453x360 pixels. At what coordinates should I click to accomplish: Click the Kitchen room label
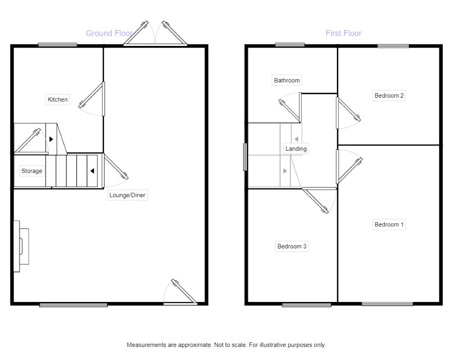[x=58, y=99]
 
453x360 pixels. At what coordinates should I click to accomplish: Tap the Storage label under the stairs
[x=32, y=171]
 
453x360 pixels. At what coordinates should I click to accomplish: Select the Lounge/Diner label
[x=127, y=195]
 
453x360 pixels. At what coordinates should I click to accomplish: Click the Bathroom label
[x=287, y=80]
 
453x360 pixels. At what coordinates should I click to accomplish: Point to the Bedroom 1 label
[x=389, y=224]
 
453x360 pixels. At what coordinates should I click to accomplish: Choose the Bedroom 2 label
[x=389, y=95]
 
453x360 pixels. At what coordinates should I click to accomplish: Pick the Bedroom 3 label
[x=292, y=246]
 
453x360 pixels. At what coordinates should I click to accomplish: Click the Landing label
[x=296, y=148]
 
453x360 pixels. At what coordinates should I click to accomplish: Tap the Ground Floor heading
[x=109, y=33]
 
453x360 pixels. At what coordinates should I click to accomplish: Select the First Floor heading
[x=344, y=33]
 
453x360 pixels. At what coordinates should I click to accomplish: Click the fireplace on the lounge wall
[x=21, y=246]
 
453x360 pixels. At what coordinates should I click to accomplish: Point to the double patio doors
[x=155, y=33]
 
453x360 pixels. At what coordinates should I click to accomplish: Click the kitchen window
[x=58, y=45]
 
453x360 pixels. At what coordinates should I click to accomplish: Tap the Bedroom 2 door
[x=348, y=113]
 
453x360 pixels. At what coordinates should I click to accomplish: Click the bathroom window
[x=290, y=45]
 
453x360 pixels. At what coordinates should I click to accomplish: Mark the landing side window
[x=245, y=157]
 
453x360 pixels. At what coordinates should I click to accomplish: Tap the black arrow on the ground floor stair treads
[x=92, y=171]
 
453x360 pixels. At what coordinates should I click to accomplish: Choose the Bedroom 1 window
[x=387, y=304]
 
